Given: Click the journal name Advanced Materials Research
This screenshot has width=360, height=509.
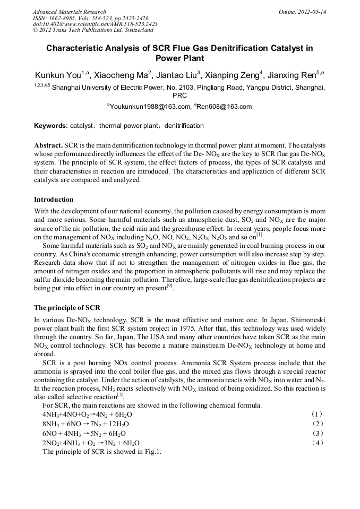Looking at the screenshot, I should click(x=69, y=12).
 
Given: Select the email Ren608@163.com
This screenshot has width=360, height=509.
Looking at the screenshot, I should click(x=224, y=107).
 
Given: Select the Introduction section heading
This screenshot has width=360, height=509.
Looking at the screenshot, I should click(x=54, y=200).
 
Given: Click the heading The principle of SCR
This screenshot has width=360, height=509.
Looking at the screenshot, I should click(x=67, y=308).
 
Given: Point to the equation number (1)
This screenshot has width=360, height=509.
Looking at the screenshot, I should click(x=316, y=413).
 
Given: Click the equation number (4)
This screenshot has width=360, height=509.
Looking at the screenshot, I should click(x=316, y=442).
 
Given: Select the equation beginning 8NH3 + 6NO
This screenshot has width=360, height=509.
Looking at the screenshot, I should click(x=85, y=424).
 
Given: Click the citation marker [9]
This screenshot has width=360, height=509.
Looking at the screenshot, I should click(x=169, y=286).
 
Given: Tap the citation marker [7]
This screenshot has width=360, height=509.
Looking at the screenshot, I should click(x=120, y=394).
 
